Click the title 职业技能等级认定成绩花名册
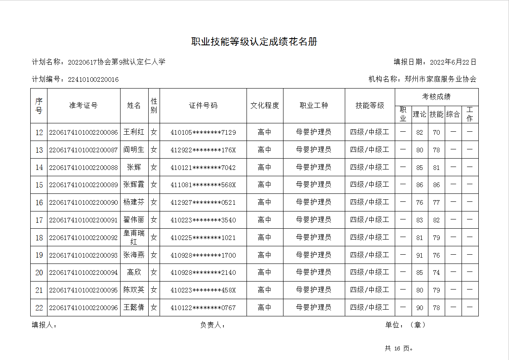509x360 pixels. click(254, 42)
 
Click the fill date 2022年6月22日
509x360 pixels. click(453, 62)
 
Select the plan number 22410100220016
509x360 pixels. click(93, 79)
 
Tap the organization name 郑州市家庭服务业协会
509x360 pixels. click(440, 79)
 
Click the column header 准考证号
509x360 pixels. click(84, 106)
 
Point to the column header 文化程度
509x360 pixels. click(265, 106)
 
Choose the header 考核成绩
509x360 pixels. click(436, 97)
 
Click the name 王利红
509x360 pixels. click(134, 132)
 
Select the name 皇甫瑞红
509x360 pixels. click(134, 237)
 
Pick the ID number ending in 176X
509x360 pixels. click(203, 150)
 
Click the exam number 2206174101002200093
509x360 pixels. click(84, 255)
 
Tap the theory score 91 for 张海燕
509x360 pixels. click(420, 255)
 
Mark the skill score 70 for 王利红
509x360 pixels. click(436, 132)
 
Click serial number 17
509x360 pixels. click(39, 220)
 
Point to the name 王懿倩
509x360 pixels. click(134, 308)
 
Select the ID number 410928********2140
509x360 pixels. click(203, 273)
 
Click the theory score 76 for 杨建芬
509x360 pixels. click(420, 202)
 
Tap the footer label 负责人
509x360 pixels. click(213, 325)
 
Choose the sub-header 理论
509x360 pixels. click(420, 114)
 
